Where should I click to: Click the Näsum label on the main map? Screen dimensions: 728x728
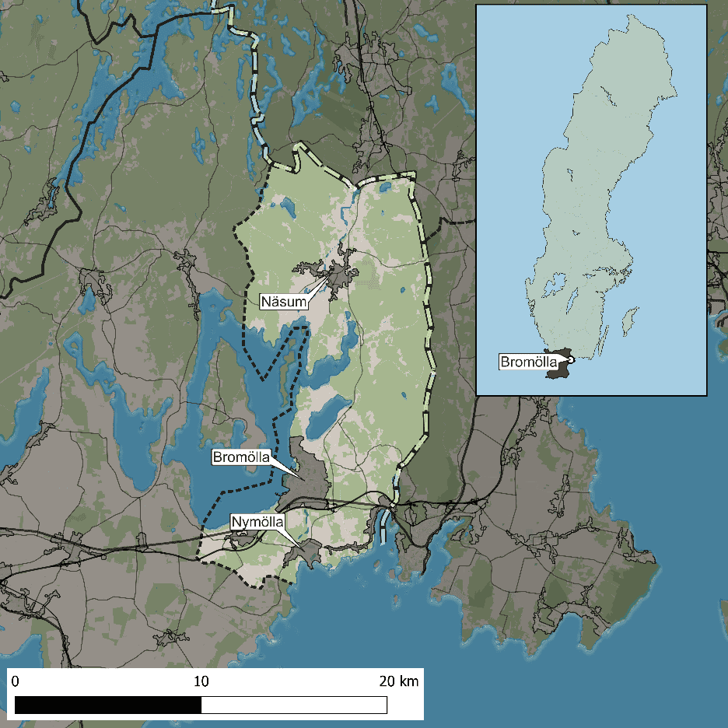pyautogui.click(x=283, y=300)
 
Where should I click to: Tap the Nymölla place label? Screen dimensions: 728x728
pyautogui.click(x=257, y=521)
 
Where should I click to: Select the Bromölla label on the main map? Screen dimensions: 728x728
pyautogui.click(x=241, y=458)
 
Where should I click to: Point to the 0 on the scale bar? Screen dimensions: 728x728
pyautogui.click(x=16, y=682)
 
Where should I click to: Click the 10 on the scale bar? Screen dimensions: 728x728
pyautogui.click(x=201, y=682)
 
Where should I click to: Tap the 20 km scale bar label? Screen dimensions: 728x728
pyautogui.click(x=397, y=682)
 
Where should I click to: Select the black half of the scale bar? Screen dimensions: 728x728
pyautogui.click(x=108, y=705)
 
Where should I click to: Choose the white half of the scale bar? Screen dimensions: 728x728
pyautogui.click(x=294, y=705)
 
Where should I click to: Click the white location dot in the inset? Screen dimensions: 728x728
pyautogui.click(x=570, y=359)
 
